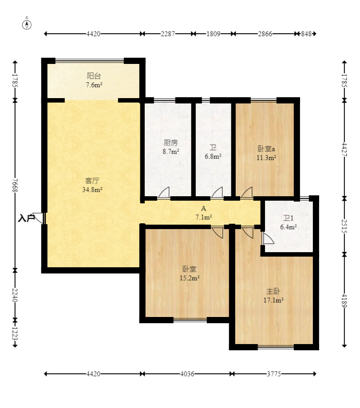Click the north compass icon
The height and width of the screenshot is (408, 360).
(27, 24)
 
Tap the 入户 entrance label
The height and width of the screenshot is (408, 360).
(26, 218)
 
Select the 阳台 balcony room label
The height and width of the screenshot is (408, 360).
(94, 76)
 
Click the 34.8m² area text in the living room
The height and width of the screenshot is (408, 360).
(92, 190)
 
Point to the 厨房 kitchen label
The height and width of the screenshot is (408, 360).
(170, 143)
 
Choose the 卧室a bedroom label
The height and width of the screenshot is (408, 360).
(266, 149)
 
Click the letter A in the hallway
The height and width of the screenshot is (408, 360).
(203, 208)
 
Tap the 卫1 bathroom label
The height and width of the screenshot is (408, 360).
(288, 218)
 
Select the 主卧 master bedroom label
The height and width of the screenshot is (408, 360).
(273, 291)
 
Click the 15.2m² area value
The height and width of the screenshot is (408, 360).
(190, 278)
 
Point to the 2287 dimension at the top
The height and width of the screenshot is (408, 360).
(168, 34)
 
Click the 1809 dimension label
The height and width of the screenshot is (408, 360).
(214, 34)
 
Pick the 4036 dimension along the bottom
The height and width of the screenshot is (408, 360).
(187, 374)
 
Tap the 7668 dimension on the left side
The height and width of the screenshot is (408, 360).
(15, 185)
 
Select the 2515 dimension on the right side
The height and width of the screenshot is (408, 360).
(344, 226)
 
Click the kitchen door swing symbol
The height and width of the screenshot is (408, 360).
(164, 193)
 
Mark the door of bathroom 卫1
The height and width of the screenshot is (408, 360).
(268, 238)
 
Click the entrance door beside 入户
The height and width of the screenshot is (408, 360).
(39, 218)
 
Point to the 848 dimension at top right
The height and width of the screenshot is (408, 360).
(306, 34)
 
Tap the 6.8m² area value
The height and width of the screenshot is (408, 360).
(213, 156)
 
